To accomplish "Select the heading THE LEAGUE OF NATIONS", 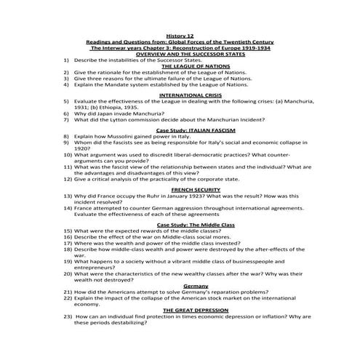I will (x=180, y=66).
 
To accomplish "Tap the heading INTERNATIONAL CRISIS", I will (x=180, y=95).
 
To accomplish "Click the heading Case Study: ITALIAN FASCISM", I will (x=180, y=128).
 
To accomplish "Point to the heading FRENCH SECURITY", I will (x=180, y=189).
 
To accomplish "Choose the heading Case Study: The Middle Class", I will (x=180, y=222).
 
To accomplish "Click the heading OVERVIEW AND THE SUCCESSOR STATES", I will (x=180, y=54).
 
